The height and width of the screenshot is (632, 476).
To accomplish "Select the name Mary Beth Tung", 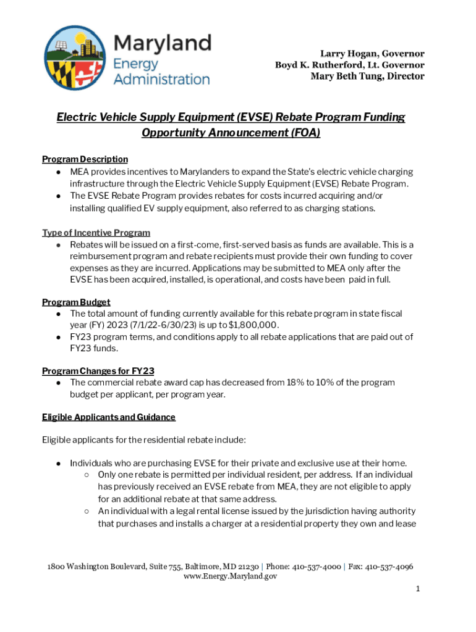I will tap(347, 77).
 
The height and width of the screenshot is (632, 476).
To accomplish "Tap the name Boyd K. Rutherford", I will tap(321, 65).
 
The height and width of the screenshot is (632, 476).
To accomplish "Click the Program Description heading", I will tap(85, 159).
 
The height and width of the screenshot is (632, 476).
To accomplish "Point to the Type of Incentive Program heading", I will tap(96, 233).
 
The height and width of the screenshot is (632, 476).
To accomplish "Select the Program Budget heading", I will tap(76, 302).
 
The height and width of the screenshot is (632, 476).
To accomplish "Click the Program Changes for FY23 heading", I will tap(98, 371).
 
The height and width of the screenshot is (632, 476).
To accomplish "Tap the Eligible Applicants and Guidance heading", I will tap(109, 417).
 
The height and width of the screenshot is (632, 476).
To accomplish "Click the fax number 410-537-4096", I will tap(389, 567).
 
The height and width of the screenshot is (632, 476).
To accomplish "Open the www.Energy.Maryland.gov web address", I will tap(231, 576).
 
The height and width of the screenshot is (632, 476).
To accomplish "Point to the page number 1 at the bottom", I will tap(418, 589).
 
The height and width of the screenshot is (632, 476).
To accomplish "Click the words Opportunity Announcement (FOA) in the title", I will tap(231, 133).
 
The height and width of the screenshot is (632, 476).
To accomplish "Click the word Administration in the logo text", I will tap(162, 79).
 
